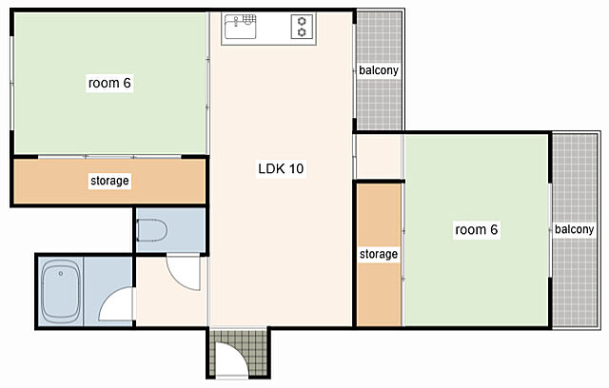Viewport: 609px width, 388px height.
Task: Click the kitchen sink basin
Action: [x=240, y=28]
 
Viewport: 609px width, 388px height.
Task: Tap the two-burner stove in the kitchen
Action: [x=303, y=27]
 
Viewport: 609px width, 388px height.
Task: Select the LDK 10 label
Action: [x=281, y=168]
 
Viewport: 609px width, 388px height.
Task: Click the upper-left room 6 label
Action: [x=109, y=83]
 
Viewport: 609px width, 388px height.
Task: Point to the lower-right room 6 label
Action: [x=476, y=229]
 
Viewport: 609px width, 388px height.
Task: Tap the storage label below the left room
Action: [x=109, y=181]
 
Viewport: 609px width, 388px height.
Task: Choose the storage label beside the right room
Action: [x=379, y=254]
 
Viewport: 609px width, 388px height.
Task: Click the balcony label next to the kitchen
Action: [x=379, y=70]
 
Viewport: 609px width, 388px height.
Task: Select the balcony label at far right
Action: [x=575, y=229]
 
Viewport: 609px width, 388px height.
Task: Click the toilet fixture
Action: [x=151, y=230]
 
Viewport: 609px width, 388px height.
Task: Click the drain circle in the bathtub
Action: [x=61, y=274]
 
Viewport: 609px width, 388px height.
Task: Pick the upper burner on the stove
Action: [x=303, y=21]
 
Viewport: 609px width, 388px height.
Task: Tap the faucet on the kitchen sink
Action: [x=236, y=21]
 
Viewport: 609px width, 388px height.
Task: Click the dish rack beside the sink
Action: [x=249, y=19]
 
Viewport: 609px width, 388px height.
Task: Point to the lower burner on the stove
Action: [x=303, y=32]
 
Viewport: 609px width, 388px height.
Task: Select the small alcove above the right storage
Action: [x=379, y=157]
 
